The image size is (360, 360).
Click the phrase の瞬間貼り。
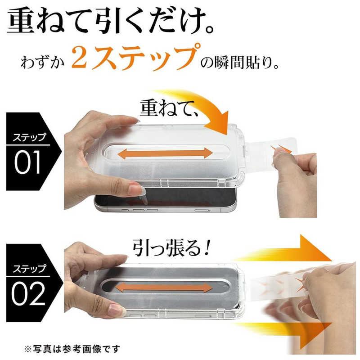240,63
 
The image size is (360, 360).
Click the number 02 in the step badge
28,293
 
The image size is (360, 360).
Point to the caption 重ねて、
169,108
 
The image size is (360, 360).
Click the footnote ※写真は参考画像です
72,349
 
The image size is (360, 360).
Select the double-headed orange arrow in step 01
165,153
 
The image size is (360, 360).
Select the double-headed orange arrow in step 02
164,288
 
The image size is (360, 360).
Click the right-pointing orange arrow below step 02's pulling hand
285,333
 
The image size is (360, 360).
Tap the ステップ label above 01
29,137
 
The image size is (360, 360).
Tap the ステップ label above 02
29,269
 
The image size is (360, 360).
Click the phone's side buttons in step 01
139,210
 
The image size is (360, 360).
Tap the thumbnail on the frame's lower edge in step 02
117,310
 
